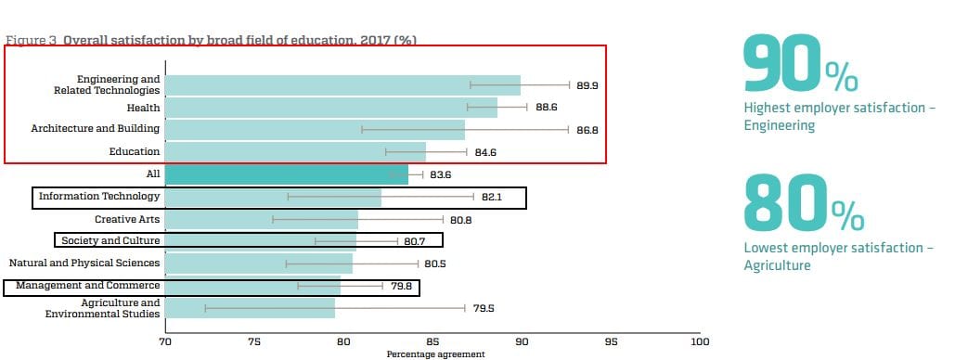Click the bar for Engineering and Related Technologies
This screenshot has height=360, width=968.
pyautogui.click(x=342, y=85)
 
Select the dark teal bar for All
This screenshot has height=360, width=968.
pyautogui.click(x=287, y=174)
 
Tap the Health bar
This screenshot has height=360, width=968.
pyautogui.click(x=331, y=108)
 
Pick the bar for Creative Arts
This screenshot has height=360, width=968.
pyautogui.click(x=262, y=219)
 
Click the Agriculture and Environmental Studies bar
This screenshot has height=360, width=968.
pyautogui.click(x=250, y=308)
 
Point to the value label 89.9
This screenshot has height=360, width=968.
pyautogui.click(x=587, y=86)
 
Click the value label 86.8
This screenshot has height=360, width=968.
pyautogui.click(x=587, y=130)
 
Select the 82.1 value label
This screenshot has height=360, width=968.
pyautogui.click(x=492, y=197)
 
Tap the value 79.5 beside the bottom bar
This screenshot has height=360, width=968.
pyautogui.click(x=484, y=308)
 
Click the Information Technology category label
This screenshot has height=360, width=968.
pyautogui.click(x=99, y=197)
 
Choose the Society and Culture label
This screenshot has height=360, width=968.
pyautogui.click(x=110, y=241)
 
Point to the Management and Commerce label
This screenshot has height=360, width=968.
pyautogui.click(x=87, y=285)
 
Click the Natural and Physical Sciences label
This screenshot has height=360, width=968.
pyautogui.click(x=84, y=264)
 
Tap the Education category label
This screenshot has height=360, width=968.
pyautogui.click(x=135, y=152)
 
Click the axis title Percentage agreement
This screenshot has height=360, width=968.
pyautogui.click(x=436, y=354)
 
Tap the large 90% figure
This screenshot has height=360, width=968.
pyautogui.click(x=801, y=64)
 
